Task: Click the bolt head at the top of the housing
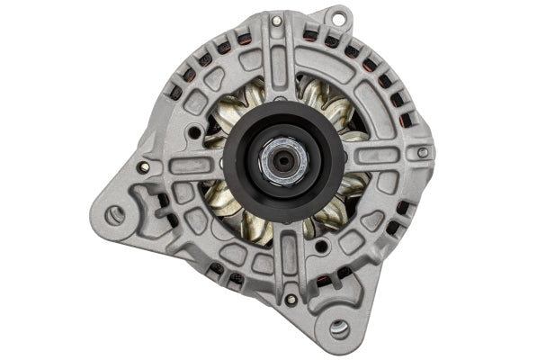tap(276, 21)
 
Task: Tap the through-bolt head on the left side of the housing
tap(143, 167)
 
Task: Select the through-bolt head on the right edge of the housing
tap(423, 153)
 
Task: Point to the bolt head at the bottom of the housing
tap(290, 300)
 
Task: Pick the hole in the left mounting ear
tap(114, 215)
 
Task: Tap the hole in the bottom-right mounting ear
tap(340, 328)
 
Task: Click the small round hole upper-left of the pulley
tap(194, 132)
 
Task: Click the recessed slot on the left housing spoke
tap(184, 166)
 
